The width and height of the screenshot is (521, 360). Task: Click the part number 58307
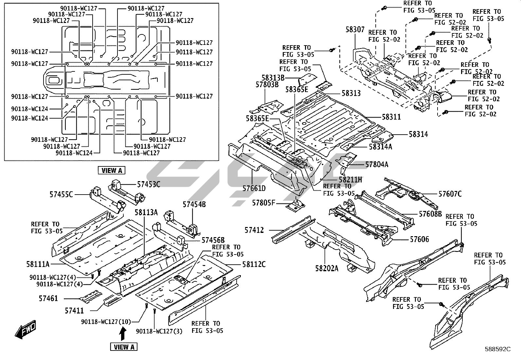pyautogui.click(x=355, y=29)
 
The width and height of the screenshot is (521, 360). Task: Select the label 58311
pyautogui.click(x=391, y=117)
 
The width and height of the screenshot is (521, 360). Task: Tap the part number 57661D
pyautogui.click(x=254, y=188)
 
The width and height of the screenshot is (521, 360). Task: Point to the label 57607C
pyautogui.click(x=450, y=194)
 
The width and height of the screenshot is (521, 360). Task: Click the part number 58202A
pyautogui.click(x=327, y=268)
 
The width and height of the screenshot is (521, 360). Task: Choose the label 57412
pyautogui.click(x=254, y=230)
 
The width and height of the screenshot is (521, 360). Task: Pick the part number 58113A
pyautogui.click(x=146, y=212)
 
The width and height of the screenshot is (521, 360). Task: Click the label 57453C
pyautogui.click(x=149, y=184)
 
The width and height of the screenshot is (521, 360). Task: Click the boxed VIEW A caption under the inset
pyautogui.click(x=112, y=170)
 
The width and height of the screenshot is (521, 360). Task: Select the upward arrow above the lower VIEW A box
pyautogui.click(x=123, y=334)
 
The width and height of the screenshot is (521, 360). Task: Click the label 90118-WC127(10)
pyautogui.click(x=106, y=322)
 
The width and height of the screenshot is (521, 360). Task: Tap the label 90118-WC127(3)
pyautogui.click(x=159, y=331)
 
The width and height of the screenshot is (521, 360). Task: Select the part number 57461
pyautogui.click(x=48, y=298)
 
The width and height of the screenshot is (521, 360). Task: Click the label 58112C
pyautogui.click(x=254, y=264)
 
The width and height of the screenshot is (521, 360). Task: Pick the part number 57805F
pyautogui.click(x=263, y=203)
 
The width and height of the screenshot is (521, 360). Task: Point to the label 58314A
pyautogui.click(x=381, y=147)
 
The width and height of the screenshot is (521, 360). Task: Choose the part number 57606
pyautogui.click(x=420, y=239)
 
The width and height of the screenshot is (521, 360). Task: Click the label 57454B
pyautogui.click(x=194, y=204)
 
